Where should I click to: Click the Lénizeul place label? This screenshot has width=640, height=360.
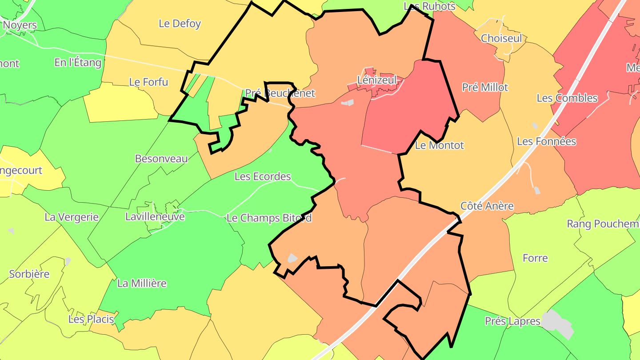[x=376, y=80]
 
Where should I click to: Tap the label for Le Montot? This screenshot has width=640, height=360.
[x=439, y=145]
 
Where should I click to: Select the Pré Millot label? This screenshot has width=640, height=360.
[x=485, y=87]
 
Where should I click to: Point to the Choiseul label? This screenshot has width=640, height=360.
[x=501, y=38]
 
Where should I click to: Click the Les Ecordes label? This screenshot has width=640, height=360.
[x=263, y=176]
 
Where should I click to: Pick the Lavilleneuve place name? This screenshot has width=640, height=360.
[x=155, y=217]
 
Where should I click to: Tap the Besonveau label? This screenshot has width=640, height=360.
[x=161, y=159]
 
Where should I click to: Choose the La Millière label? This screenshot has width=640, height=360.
[x=142, y=283]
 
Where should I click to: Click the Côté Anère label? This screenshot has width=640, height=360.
[x=487, y=206]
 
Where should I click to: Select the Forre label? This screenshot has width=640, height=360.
[x=535, y=258]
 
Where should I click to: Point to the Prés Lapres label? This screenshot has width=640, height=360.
[x=512, y=321]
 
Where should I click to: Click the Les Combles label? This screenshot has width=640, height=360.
[x=567, y=98]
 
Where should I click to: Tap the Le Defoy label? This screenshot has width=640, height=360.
[x=180, y=24]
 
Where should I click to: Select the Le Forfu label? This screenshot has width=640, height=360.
[x=148, y=82]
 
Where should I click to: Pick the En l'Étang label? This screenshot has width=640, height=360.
[x=78, y=63]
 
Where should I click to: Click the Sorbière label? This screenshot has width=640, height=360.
[x=29, y=274]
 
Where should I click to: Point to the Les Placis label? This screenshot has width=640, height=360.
[x=91, y=319]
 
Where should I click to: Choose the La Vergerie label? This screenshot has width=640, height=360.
[x=71, y=217]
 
